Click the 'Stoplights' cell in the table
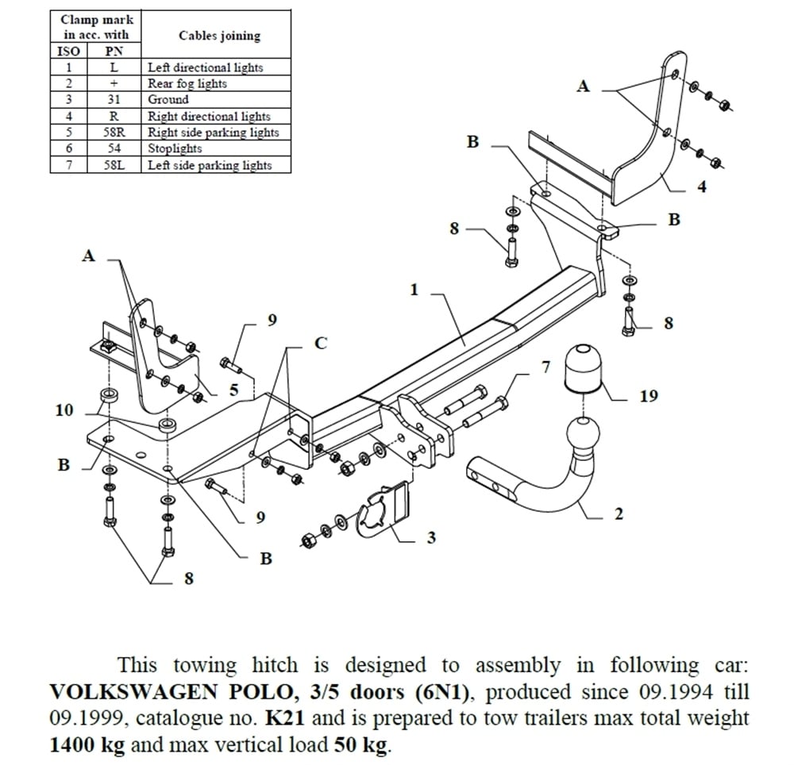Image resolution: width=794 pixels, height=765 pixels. click(175, 148)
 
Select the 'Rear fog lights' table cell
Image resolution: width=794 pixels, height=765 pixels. click(187, 83)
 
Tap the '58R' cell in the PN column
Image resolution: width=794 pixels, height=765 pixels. click(114, 133)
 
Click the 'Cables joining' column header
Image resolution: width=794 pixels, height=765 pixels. click(219, 36)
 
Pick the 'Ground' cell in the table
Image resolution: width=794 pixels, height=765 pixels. click(168, 100)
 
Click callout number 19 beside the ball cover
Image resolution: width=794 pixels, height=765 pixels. click(648, 395)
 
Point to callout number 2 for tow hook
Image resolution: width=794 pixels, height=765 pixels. click(619, 514)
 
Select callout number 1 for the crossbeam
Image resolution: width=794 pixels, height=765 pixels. click(414, 290)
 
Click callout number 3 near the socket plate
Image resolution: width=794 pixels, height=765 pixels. click(431, 538)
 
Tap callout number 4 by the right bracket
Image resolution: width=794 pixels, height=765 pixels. click(701, 187)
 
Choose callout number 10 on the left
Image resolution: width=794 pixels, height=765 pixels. click(64, 410)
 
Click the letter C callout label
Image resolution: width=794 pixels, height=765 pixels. click(320, 344)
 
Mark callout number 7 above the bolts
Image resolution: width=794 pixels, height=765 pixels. click(545, 367)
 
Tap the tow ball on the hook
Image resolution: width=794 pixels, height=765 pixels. click(585, 438)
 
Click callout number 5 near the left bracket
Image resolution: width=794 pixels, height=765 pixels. click(234, 389)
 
